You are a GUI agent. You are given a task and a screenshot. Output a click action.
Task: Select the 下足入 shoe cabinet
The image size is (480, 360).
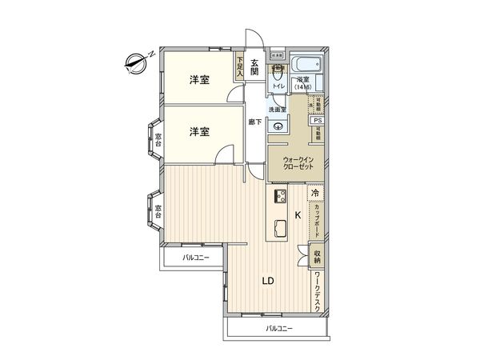click(x=238, y=66)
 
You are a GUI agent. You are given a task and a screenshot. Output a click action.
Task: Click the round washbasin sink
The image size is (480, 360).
click(x=277, y=123)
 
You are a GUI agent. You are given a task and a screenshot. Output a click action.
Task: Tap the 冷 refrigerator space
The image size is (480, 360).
click(x=315, y=194)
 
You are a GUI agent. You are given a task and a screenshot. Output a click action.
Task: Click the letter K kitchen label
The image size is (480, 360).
click(x=298, y=214)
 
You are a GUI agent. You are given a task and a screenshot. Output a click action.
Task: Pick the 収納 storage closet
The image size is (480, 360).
click(x=318, y=256)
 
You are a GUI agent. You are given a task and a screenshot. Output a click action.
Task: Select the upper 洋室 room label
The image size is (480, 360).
click(x=200, y=80)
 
